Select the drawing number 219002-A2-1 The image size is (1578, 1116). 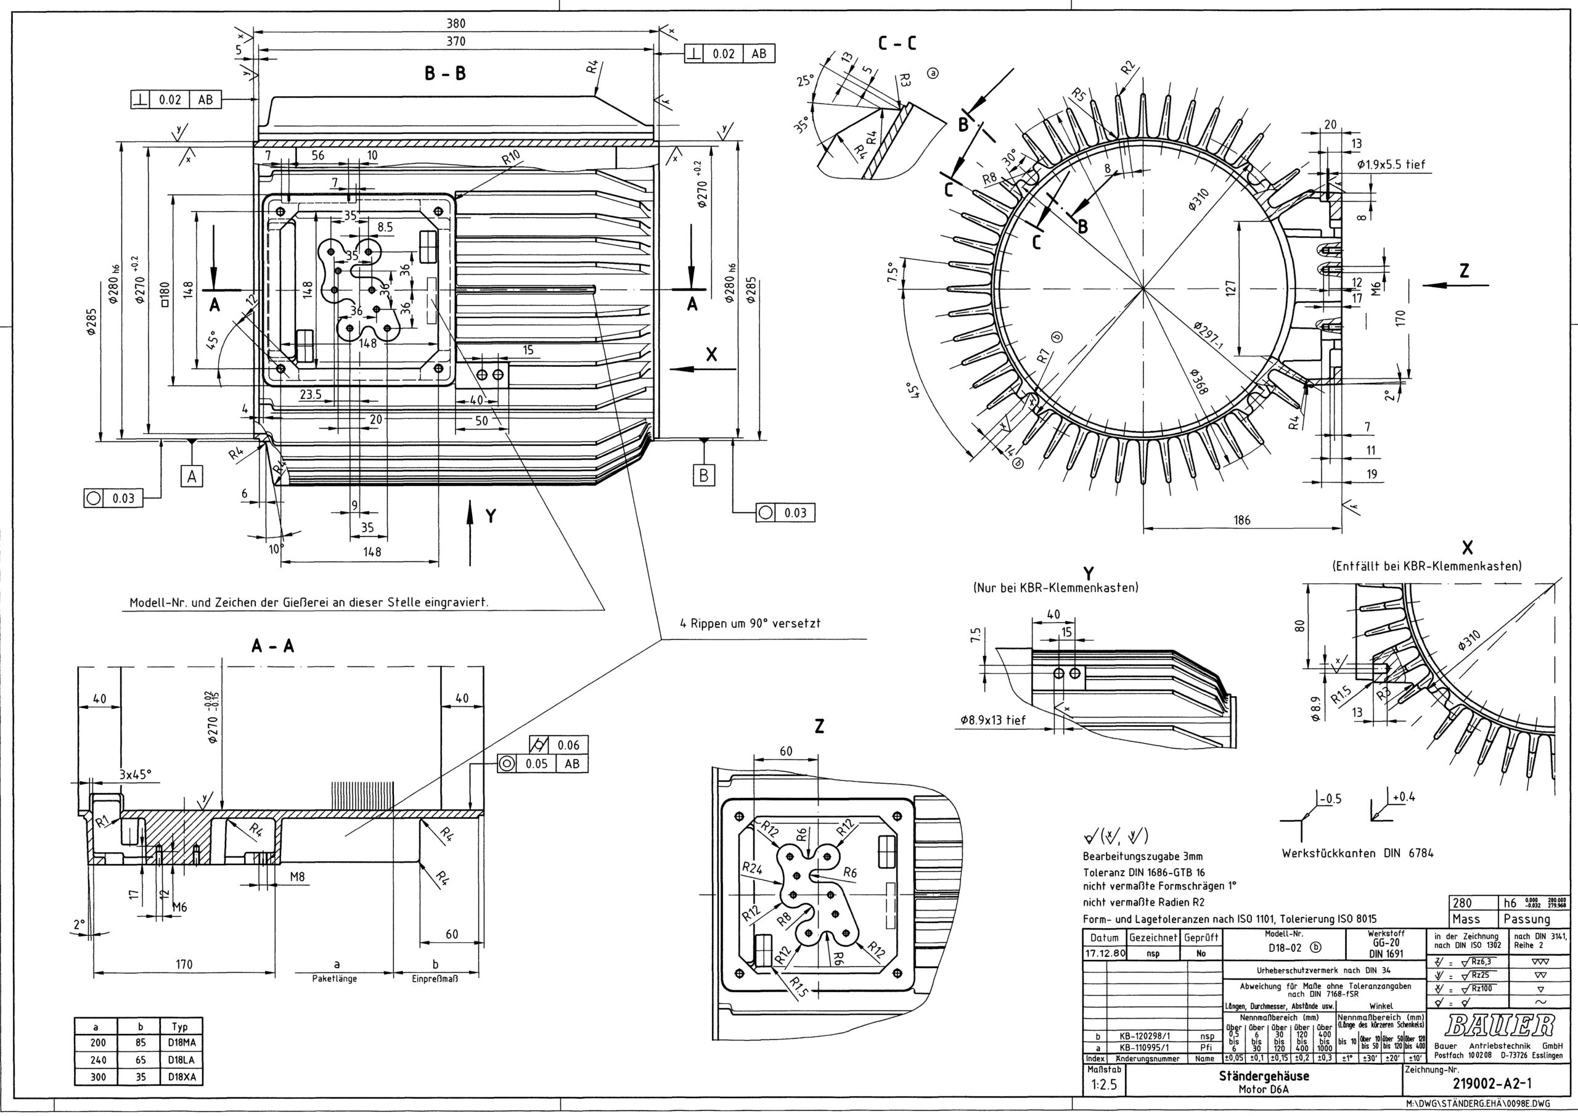coord(1492,1085)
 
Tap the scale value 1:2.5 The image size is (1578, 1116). coord(1104,1086)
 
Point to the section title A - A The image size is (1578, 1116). coord(273,646)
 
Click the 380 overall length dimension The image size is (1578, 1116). coord(456,23)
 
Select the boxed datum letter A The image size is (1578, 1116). coord(192,476)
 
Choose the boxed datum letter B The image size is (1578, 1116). coord(704,475)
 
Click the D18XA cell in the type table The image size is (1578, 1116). coord(181,1077)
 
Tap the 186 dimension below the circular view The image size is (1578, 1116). coord(1242,520)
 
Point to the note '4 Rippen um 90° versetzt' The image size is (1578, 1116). coord(750,624)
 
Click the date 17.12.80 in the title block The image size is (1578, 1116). coord(1105,954)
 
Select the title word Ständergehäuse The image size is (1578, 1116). coord(1264,1076)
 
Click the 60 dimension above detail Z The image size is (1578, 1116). coord(785,752)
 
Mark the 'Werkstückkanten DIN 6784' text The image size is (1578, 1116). coord(1357,853)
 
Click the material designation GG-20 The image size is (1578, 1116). coord(1386,943)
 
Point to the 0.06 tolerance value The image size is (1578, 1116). coord(568,745)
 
